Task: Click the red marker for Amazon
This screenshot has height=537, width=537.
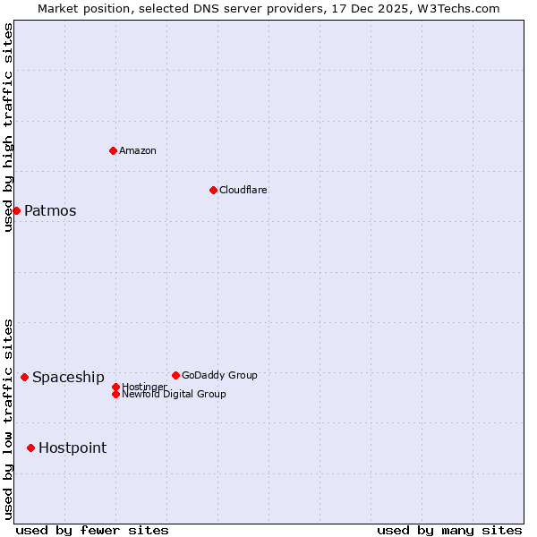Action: [113, 150]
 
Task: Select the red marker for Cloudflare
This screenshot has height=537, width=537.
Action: [213, 190]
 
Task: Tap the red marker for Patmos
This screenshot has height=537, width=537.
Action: [16, 210]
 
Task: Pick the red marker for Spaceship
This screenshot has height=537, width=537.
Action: [24, 377]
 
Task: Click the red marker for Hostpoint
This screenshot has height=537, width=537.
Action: [30, 447]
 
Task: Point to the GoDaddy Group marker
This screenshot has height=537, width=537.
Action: [175, 375]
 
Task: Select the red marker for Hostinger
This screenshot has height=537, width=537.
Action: [115, 387]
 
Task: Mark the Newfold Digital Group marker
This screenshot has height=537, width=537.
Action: [115, 394]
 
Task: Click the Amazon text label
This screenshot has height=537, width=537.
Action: [138, 150]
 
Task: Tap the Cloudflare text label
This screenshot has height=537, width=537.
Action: [243, 190]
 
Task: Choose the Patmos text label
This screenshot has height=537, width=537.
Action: [50, 211]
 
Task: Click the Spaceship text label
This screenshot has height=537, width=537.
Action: [68, 378]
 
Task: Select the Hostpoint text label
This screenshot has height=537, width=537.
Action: [72, 448]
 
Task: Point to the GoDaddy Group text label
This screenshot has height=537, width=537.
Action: [219, 375]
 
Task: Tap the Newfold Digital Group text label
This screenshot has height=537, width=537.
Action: [174, 394]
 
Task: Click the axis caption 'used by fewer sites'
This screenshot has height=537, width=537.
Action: [92, 530]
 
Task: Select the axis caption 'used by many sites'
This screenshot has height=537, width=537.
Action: [449, 530]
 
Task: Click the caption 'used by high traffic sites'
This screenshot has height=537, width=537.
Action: [8, 127]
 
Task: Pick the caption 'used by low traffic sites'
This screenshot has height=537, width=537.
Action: [8, 419]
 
